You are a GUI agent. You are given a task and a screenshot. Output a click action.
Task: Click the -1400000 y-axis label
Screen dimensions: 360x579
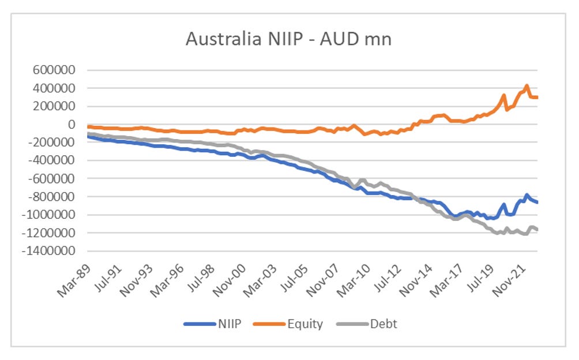[x=49, y=252]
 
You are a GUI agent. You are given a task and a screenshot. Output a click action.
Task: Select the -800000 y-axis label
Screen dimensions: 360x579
[x=52, y=197]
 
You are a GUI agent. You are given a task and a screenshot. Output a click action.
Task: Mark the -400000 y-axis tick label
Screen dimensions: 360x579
[x=52, y=161]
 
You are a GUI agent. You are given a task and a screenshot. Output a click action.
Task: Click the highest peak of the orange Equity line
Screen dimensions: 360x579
[x=526, y=86]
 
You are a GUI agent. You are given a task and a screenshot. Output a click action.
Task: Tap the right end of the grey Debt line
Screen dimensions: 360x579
[x=537, y=230]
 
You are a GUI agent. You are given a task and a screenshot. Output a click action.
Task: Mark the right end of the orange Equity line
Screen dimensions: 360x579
[x=537, y=97]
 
